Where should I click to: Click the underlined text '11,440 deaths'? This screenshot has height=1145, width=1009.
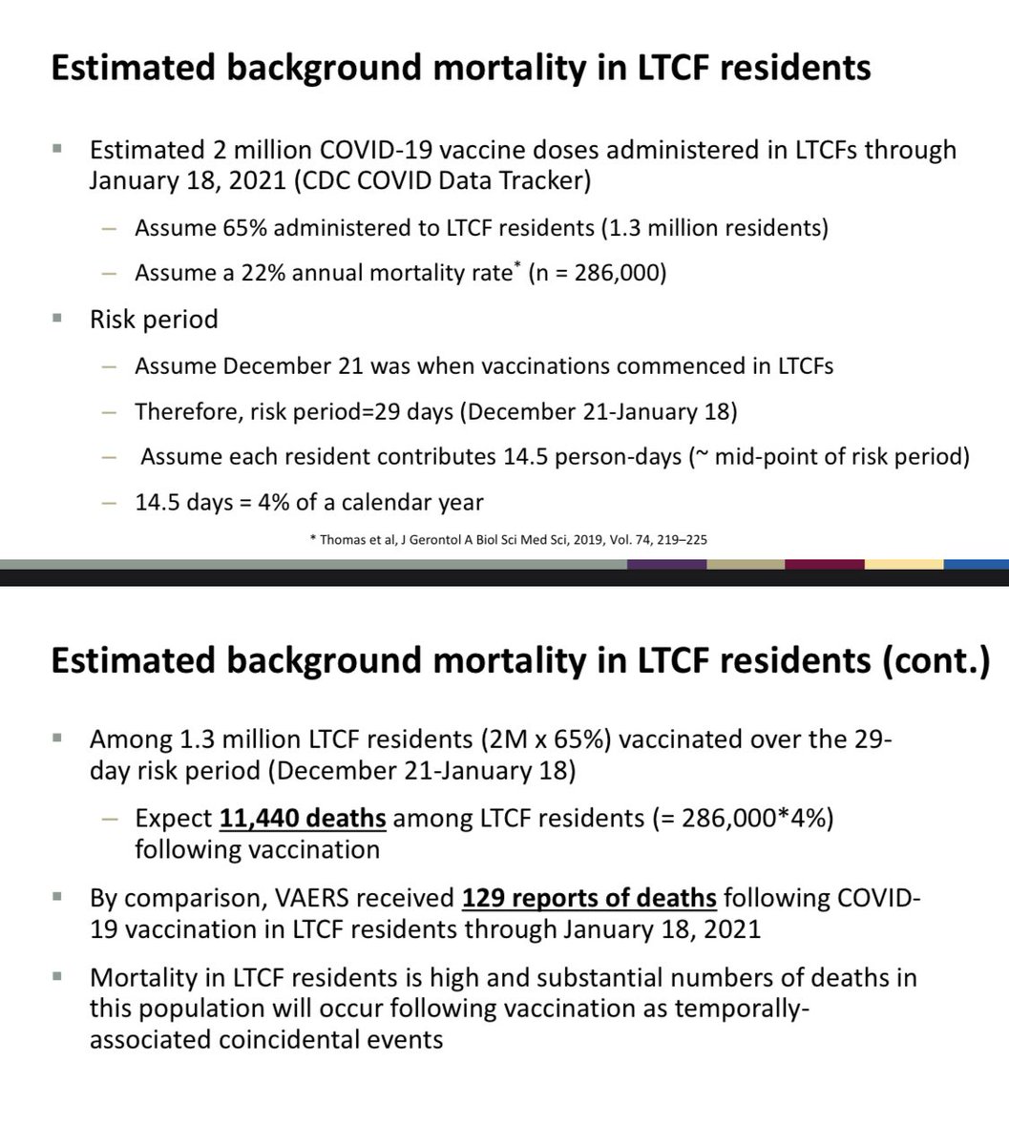pos(303,820)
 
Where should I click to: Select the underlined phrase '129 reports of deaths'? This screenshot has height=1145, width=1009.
pos(589,898)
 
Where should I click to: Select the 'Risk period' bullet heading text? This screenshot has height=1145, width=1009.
pos(154,319)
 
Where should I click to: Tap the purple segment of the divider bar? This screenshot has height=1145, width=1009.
pos(666,564)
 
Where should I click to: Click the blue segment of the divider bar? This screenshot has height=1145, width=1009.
pos(976,564)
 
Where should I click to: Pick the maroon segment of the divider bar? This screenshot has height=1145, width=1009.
pos(824,564)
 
